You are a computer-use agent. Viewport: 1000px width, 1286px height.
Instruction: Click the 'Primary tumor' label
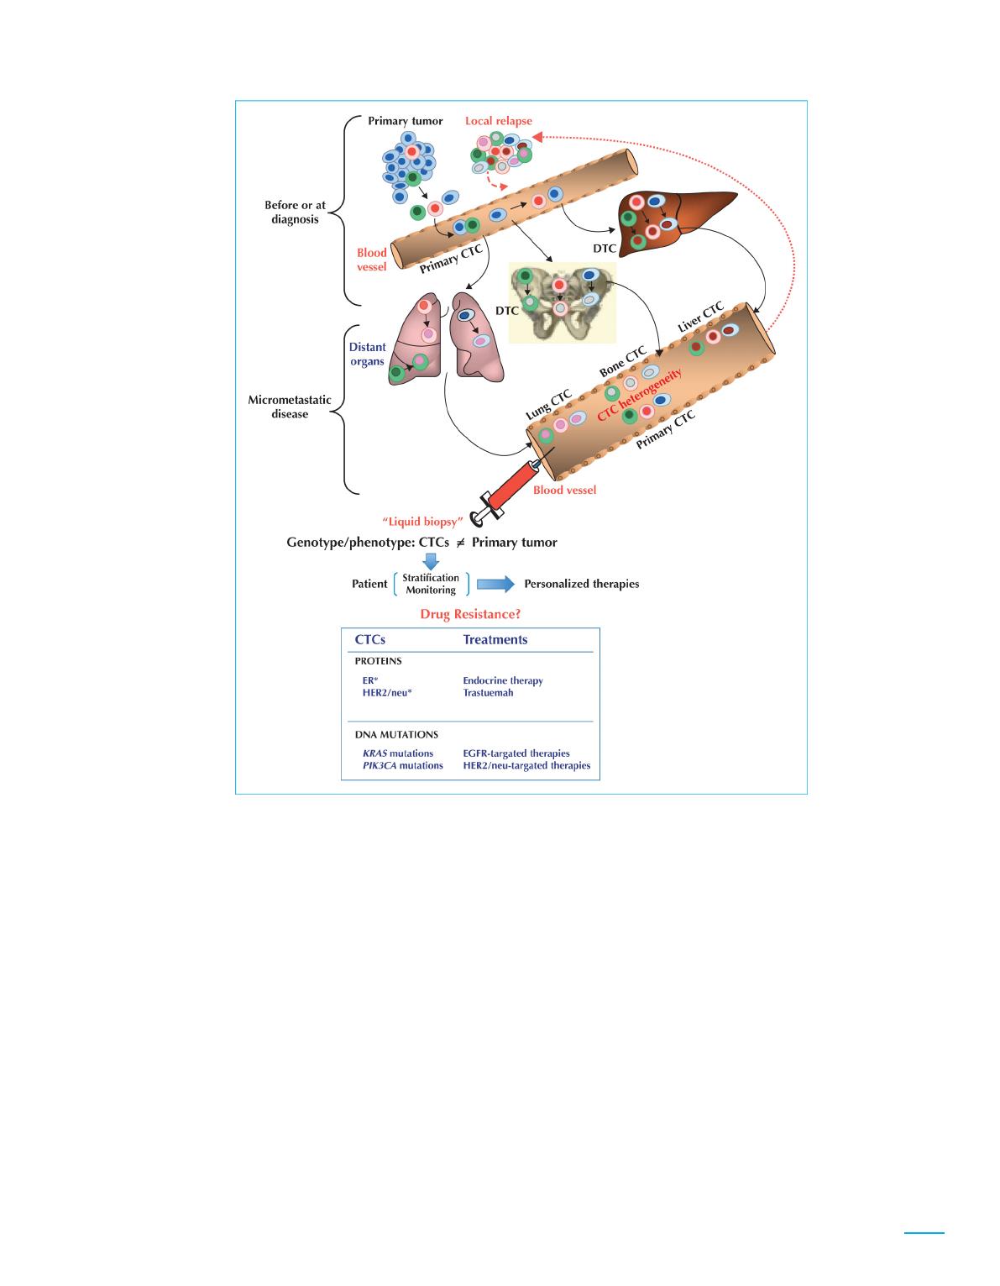coord(406,121)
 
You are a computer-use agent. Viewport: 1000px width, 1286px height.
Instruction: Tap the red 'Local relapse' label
coord(499,121)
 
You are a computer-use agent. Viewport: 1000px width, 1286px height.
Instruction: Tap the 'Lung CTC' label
coord(548,404)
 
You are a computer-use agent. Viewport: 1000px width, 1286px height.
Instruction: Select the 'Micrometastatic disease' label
coord(290,407)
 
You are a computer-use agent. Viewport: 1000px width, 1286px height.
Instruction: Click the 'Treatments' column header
coord(495,639)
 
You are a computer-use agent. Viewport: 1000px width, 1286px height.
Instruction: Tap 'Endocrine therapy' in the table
coord(503,680)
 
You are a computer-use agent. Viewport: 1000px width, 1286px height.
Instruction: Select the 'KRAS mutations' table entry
coord(398,753)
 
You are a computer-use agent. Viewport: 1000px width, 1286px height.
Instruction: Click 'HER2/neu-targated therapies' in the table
coord(526,765)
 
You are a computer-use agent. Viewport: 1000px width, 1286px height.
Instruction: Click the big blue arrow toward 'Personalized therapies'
coord(495,584)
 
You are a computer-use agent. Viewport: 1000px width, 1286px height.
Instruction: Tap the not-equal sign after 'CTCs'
coord(461,543)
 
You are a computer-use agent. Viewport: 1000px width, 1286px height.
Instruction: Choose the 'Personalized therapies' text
coord(581,584)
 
